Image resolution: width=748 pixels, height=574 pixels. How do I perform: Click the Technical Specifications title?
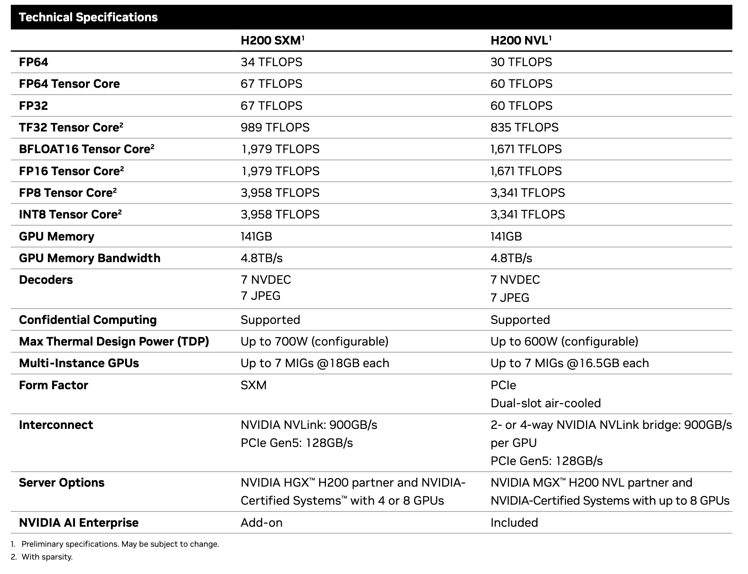pyautogui.click(x=88, y=17)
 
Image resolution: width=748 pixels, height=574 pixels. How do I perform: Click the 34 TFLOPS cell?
pyautogui.click(x=271, y=62)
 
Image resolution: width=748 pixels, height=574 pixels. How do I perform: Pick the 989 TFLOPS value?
pyautogui.click(x=275, y=127)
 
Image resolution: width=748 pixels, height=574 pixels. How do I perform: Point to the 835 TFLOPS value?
pyautogui.click(x=524, y=127)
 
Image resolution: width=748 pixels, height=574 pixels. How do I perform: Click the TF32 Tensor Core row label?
pyautogui.click(x=71, y=127)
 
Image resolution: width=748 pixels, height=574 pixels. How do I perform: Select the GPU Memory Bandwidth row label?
pyautogui.click(x=89, y=258)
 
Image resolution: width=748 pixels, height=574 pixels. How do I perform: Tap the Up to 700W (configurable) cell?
pyautogui.click(x=314, y=342)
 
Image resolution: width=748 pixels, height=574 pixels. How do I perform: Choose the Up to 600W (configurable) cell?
pyautogui.click(x=564, y=342)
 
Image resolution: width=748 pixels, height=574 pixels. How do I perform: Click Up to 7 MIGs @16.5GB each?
pyautogui.click(x=569, y=363)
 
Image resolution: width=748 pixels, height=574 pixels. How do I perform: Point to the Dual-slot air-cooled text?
pyautogui.click(x=545, y=403)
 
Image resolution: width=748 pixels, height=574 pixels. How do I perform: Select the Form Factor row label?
pyautogui.click(x=53, y=385)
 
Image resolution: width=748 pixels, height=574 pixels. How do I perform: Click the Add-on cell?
pyautogui.click(x=261, y=523)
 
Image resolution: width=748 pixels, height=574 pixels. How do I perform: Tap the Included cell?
pyautogui.click(x=514, y=523)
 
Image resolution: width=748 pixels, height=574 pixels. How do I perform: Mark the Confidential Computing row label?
pyautogui.click(x=87, y=320)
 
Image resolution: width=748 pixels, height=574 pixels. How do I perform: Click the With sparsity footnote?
pyautogui.click(x=47, y=557)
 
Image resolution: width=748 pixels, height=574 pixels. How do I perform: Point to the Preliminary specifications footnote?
pyautogui.click(x=120, y=544)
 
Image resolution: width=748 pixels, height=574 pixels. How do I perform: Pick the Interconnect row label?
pyautogui.click(x=56, y=425)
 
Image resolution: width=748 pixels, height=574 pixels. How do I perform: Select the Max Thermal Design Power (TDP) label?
pyautogui.click(x=114, y=342)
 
